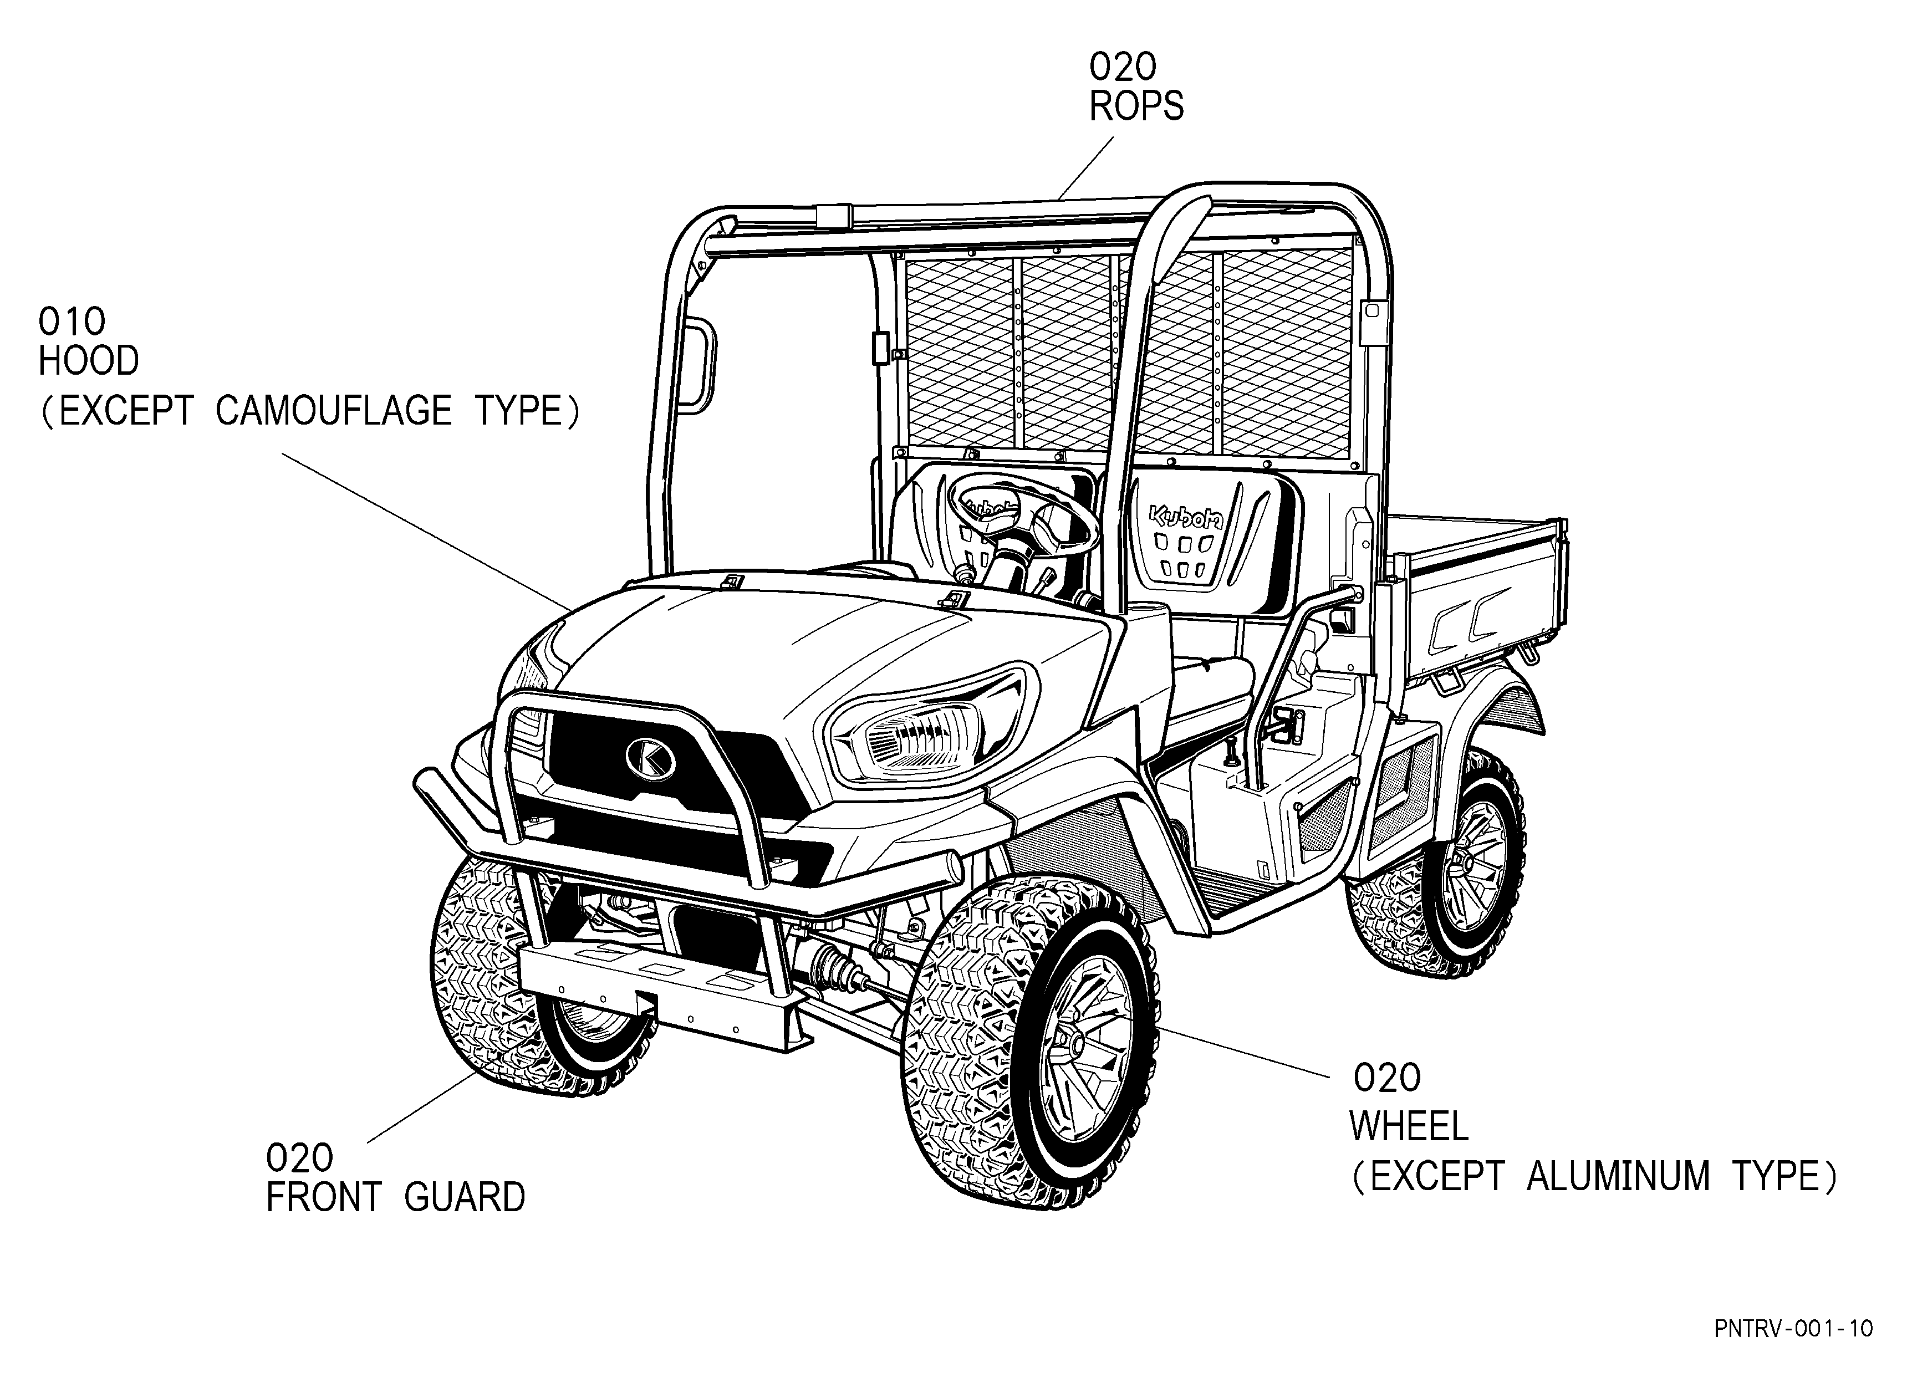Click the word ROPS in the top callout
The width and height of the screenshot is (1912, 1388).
[1136, 106]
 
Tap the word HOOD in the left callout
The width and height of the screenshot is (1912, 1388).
[89, 361]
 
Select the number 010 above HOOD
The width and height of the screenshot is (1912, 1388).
[73, 322]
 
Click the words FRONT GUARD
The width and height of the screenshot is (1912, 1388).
[395, 1197]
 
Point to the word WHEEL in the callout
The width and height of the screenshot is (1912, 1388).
[1409, 1127]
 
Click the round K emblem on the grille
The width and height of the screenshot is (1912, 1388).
[650, 758]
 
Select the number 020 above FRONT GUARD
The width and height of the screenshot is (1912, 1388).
[300, 1159]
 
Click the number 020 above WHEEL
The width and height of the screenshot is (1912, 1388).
[1388, 1078]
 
